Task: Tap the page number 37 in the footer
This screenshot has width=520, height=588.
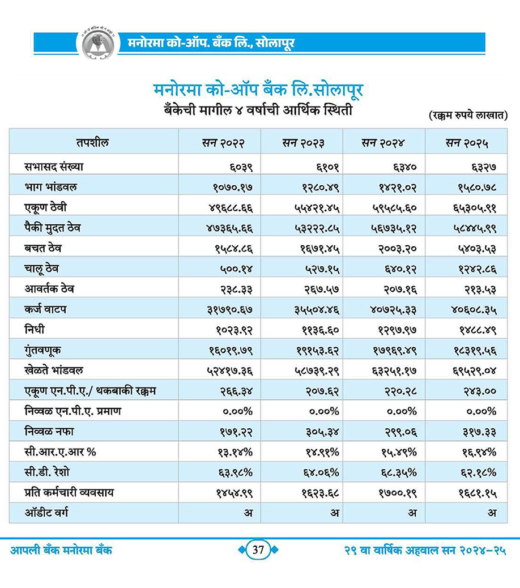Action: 259,551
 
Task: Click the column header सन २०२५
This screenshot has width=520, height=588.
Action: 467,142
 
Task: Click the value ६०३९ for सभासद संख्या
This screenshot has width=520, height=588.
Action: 238,167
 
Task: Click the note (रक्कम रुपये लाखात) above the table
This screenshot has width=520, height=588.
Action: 467,116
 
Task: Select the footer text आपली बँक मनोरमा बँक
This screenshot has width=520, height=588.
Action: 61,551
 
